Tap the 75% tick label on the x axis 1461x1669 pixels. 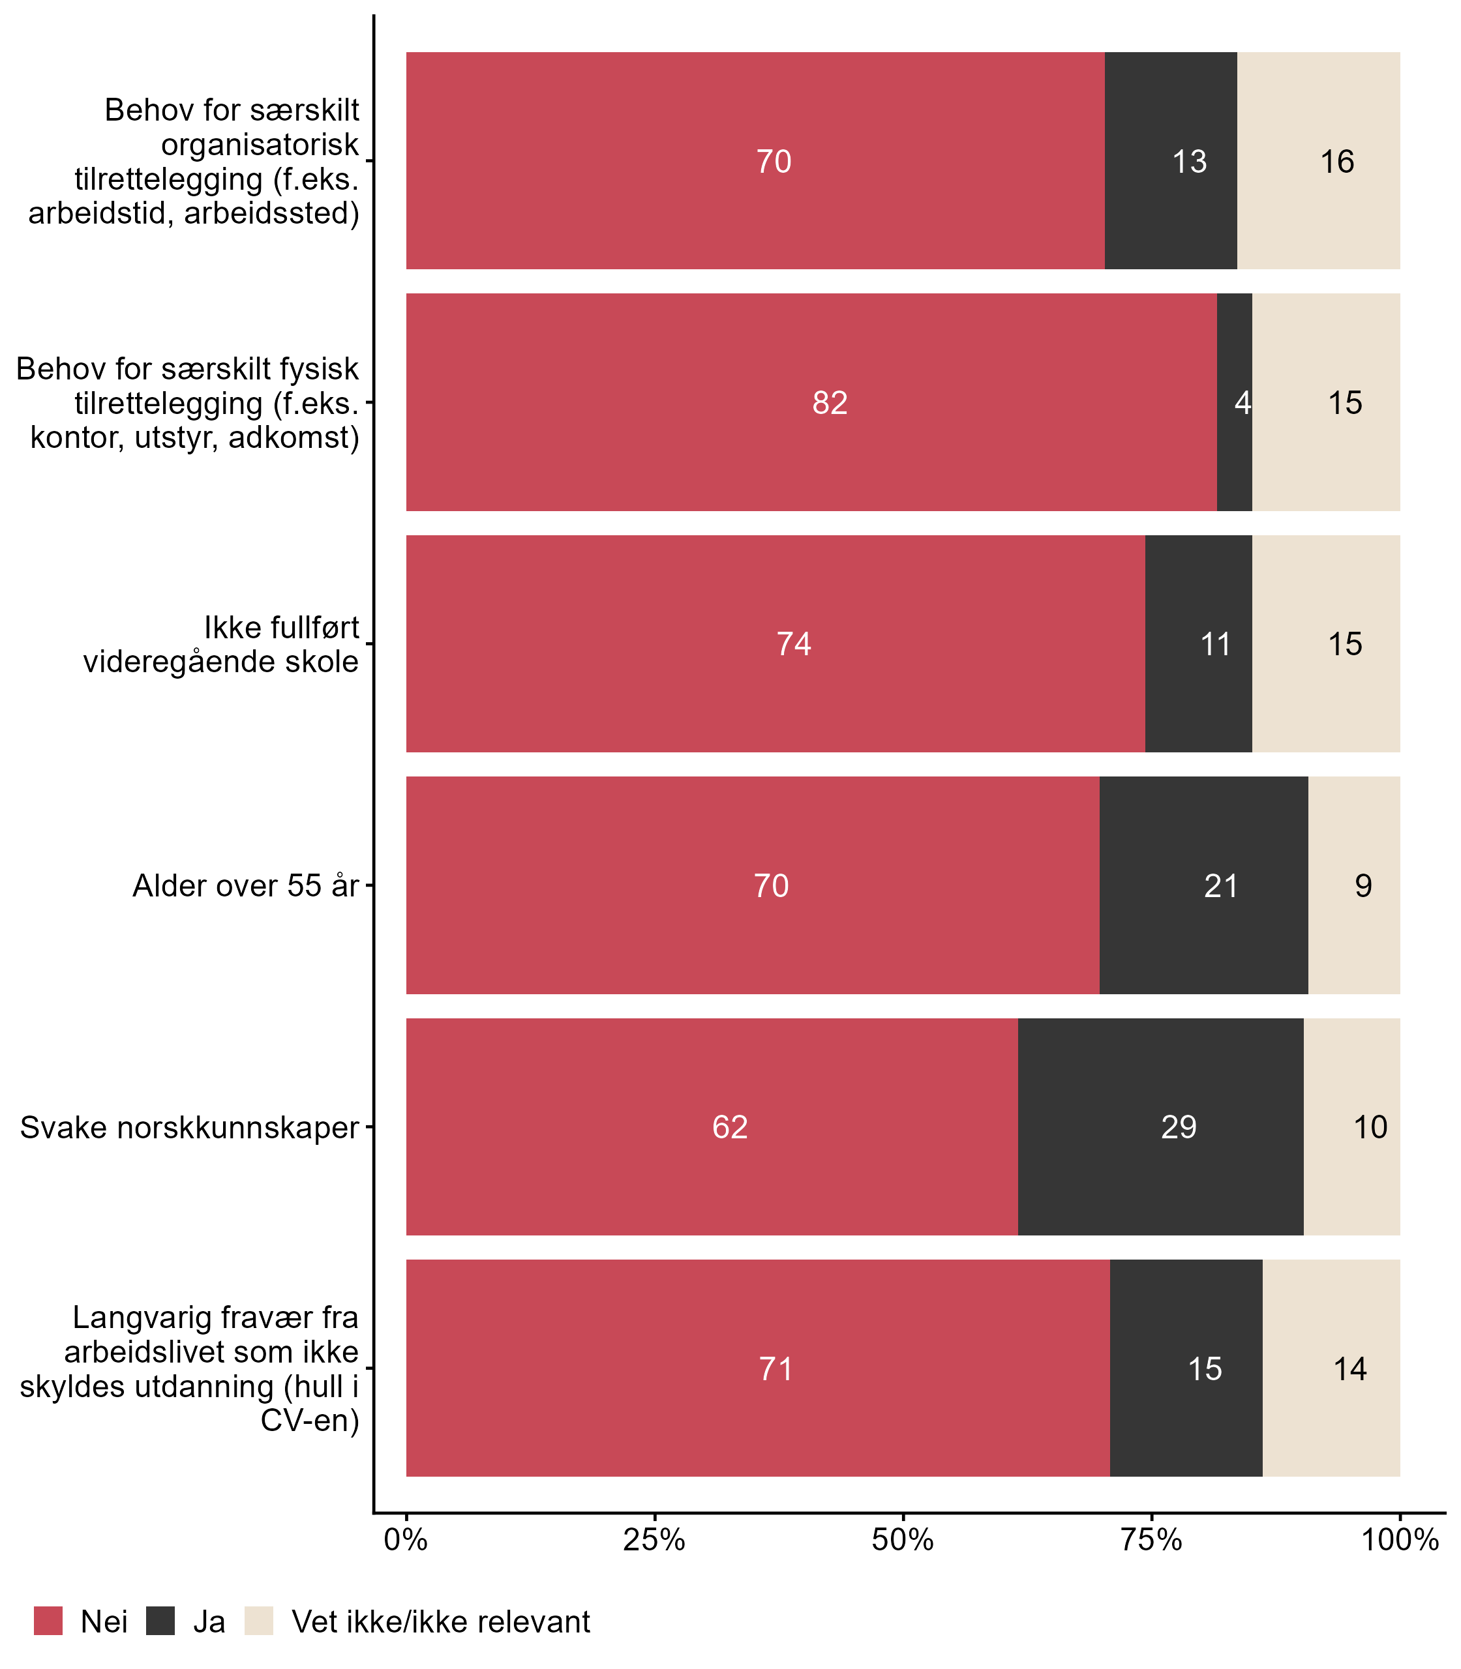click(1151, 1540)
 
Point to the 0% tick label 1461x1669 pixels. click(406, 1540)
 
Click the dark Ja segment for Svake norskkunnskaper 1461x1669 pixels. click(1160, 1127)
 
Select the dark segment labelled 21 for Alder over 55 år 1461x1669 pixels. click(1203, 885)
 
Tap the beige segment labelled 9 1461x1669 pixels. click(1354, 885)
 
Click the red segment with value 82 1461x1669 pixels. click(811, 403)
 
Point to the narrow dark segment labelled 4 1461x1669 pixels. click(1234, 403)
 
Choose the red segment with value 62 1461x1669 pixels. click(712, 1127)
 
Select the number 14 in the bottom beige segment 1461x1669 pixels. click(1349, 1369)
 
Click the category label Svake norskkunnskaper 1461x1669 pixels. click(189, 1128)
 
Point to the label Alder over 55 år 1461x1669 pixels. click(245, 886)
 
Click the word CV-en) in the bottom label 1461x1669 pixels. click(310, 1421)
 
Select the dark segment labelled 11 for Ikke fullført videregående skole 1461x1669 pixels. click(1199, 645)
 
